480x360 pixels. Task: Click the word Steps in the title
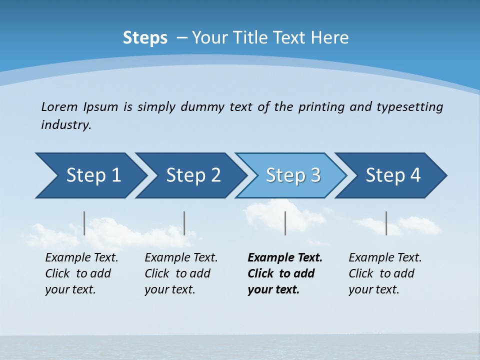coord(145,38)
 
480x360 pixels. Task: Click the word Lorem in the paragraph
coord(59,107)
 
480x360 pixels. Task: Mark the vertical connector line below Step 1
coord(84,223)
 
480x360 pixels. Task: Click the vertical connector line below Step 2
coord(184,223)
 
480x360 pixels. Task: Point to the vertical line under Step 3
coord(285,223)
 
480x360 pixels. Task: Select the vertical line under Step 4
coord(386,223)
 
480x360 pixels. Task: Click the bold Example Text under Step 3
coord(285,273)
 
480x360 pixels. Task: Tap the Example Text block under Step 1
coord(81,273)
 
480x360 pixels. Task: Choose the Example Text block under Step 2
coord(181,273)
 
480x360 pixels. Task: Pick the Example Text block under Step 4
coord(385,273)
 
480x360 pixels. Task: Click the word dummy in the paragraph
coord(202,107)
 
